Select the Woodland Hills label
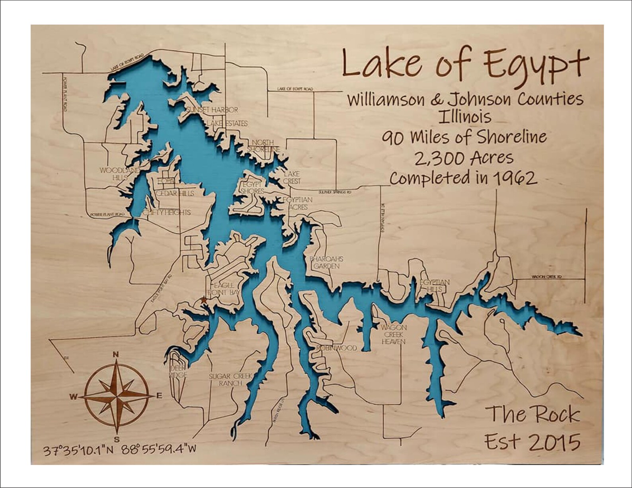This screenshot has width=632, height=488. (x=120, y=174)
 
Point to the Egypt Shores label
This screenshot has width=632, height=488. (x=252, y=188)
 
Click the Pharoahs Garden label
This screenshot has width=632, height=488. (x=326, y=262)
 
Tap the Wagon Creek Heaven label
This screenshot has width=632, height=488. (x=393, y=335)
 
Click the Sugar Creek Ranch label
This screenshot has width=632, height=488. (x=231, y=380)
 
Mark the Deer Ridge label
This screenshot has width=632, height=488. (x=178, y=372)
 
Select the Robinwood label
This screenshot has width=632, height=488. (x=337, y=348)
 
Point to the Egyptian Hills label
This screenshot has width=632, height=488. (x=434, y=286)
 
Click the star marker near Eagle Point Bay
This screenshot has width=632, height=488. (x=203, y=300)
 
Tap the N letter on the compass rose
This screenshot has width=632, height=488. (x=116, y=354)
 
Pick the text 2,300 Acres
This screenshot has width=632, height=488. (x=464, y=159)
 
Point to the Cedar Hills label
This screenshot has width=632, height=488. (x=175, y=193)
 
